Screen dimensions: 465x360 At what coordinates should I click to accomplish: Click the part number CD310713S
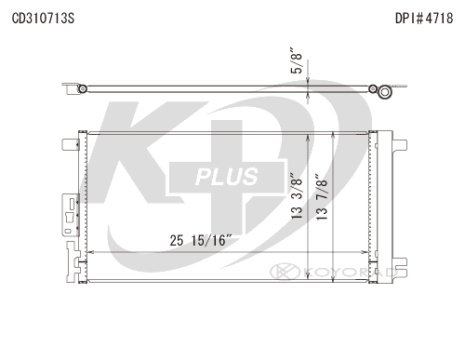point(43,19)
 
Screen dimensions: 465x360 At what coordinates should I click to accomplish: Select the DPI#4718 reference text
point(424,19)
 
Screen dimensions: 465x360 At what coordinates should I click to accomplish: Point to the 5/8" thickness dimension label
point(297,60)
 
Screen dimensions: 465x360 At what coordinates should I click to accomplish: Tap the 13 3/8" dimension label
point(297,195)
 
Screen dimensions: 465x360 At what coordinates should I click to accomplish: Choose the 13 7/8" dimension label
point(322,197)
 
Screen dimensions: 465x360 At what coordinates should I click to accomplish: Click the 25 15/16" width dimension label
point(201,240)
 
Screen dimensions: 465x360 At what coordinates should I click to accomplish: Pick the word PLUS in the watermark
point(227,177)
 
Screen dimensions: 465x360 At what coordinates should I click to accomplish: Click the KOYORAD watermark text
point(351,272)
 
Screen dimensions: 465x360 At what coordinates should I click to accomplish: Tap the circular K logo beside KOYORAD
point(285,272)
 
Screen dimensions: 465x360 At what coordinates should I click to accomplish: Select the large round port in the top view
point(385,92)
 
